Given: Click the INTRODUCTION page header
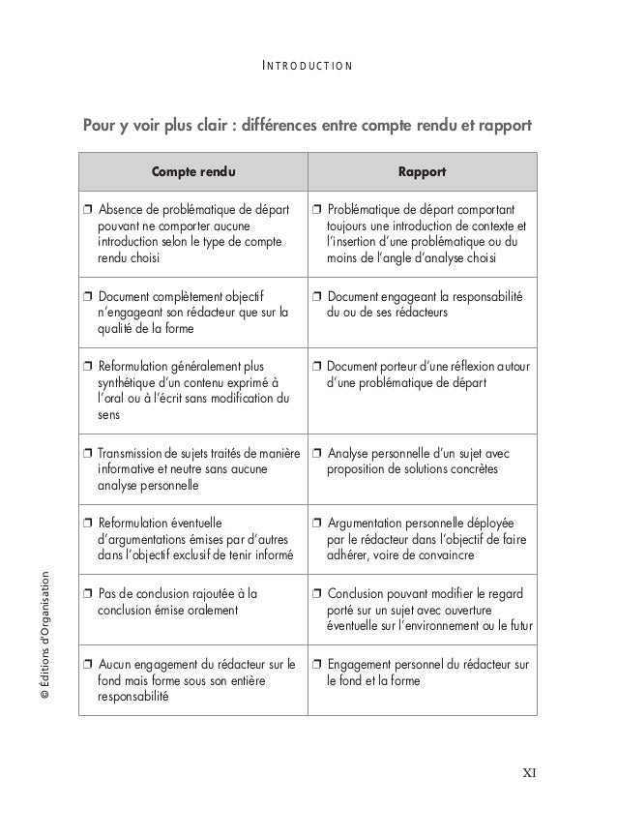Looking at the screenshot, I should (308, 67).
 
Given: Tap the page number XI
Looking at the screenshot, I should (530, 772).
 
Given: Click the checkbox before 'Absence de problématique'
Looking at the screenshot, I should (88, 209).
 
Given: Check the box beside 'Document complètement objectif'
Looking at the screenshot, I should (88, 296).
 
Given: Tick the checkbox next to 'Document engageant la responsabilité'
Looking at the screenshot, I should (317, 296).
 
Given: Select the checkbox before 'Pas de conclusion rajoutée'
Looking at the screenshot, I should (88, 593).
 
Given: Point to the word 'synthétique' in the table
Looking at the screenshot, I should (128, 383).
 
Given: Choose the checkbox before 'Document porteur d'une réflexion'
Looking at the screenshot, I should (317, 366).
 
